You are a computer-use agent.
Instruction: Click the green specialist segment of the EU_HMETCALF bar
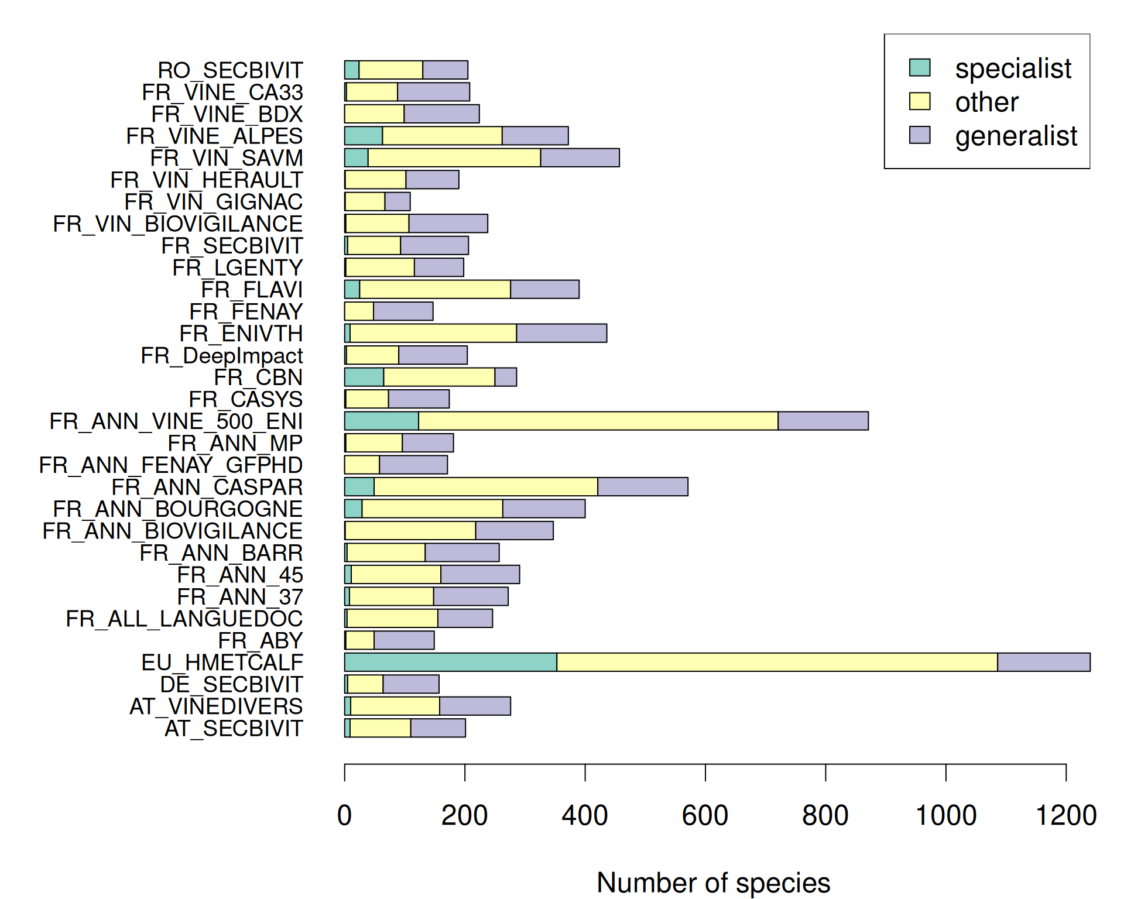[450, 662]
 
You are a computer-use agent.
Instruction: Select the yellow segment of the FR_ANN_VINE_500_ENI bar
[598, 421]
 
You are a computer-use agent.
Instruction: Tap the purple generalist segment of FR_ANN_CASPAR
[642, 487]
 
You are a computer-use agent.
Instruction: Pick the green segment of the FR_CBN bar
[364, 377]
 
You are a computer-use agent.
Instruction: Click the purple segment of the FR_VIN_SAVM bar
[580, 158]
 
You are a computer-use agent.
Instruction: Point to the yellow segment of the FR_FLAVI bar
[434, 289]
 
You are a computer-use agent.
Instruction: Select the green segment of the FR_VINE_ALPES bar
[363, 136]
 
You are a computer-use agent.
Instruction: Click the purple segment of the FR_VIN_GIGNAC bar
[397, 201]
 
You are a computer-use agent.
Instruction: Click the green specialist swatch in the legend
[920, 67]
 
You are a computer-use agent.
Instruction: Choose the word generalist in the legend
[1016, 136]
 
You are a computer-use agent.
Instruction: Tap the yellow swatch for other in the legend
[920, 101]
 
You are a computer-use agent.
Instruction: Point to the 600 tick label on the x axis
[705, 815]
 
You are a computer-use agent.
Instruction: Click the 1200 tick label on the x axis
[1065, 815]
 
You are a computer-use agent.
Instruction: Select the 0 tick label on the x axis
[344, 815]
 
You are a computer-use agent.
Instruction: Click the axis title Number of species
[713, 883]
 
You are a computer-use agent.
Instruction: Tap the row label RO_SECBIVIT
[230, 70]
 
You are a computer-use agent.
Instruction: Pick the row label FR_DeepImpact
[222, 355]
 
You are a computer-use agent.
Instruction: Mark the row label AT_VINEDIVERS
[216, 706]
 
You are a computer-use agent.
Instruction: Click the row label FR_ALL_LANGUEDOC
[184, 619]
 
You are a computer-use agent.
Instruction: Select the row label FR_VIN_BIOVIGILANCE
[177, 224]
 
